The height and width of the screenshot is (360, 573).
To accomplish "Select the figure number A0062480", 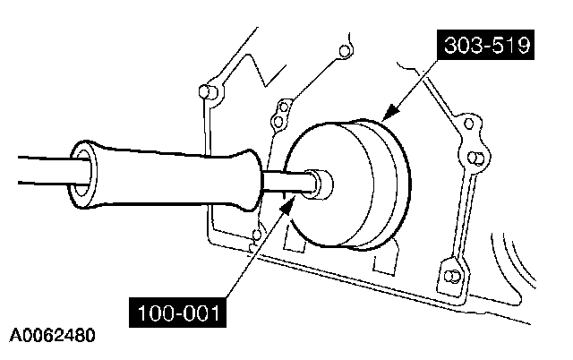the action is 53,339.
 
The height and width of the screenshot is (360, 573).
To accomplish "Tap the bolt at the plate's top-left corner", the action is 205,93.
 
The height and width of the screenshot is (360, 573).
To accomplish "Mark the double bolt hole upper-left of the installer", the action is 280,113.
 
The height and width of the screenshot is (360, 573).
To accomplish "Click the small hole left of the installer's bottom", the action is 256,236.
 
